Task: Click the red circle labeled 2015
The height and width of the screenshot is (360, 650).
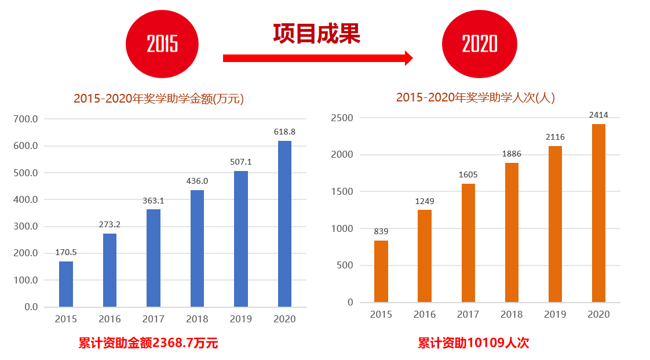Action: pyautogui.click(x=162, y=44)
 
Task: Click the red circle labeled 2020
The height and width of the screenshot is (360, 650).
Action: pyautogui.click(x=479, y=44)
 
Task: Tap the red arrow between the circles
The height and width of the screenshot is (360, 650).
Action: pyautogui.click(x=317, y=58)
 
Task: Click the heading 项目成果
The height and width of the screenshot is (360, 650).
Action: pyautogui.click(x=317, y=34)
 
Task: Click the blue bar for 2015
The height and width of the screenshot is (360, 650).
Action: pyautogui.click(x=66, y=284)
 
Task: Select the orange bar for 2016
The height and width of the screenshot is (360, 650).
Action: pyautogui.click(x=425, y=256)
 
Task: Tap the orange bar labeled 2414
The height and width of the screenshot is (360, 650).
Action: pyautogui.click(x=598, y=213)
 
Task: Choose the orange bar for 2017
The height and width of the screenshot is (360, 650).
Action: pyautogui.click(x=468, y=243)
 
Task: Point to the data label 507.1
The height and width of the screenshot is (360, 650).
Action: pyautogui.click(x=240, y=162)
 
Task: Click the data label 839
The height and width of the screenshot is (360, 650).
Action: pyautogui.click(x=381, y=231)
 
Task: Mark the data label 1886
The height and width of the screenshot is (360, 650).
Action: pyautogui.click(x=512, y=154)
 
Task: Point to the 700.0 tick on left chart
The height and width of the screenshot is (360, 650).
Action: pyautogui.click(x=26, y=119)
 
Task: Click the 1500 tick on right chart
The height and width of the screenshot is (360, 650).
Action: pyautogui.click(x=342, y=191)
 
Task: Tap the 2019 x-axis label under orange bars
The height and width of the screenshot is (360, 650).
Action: pyautogui.click(x=555, y=314)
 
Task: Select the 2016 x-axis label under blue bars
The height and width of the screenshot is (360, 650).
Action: pyautogui.click(x=109, y=319)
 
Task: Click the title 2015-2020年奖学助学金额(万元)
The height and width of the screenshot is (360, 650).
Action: pyautogui.click(x=159, y=99)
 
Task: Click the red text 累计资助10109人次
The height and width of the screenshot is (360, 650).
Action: pyautogui.click(x=473, y=343)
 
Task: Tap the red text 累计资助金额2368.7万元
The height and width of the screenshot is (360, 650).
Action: pyautogui.click(x=148, y=343)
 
